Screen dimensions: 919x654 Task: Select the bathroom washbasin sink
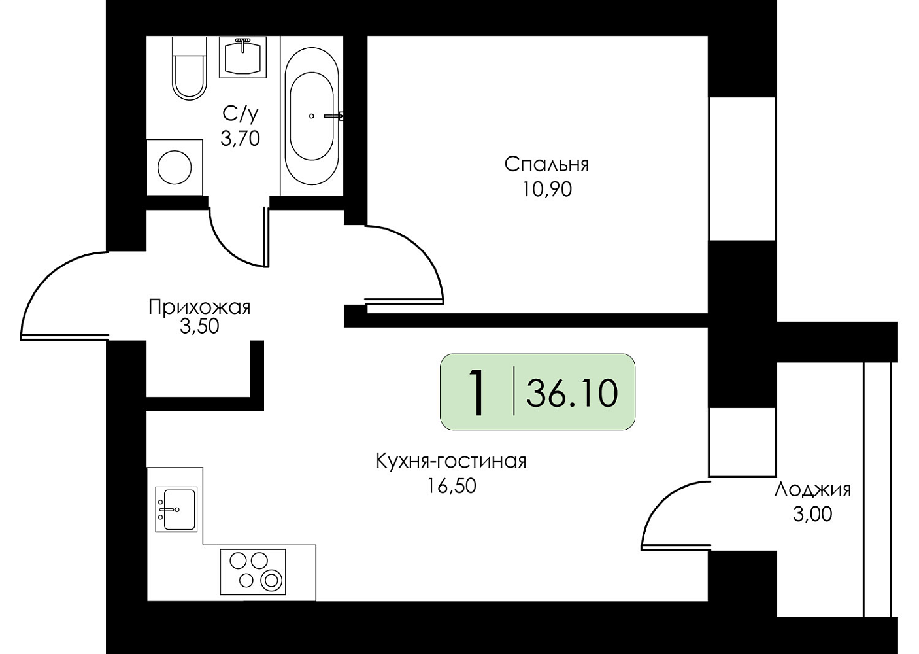tap(243, 57)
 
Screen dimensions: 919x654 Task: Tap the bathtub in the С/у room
tap(312, 116)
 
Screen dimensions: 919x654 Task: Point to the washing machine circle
tap(175, 167)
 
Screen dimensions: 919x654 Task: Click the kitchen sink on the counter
tap(176, 509)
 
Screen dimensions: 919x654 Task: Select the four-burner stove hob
tap(253, 572)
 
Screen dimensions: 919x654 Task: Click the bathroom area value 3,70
tap(241, 139)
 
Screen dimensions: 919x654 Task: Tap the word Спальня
tap(546, 165)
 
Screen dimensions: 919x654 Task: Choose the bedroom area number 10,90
tap(547, 189)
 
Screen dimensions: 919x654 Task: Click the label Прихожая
tap(199, 307)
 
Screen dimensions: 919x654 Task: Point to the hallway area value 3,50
tap(199, 326)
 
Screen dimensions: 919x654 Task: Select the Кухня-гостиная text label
tap(451, 461)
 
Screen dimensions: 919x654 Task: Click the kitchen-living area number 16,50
tap(452, 486)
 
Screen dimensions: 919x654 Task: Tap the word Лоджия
tap(812, 490)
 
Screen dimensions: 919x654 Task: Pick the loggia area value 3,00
tap(812, 515)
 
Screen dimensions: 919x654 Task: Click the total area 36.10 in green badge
tap(572, 393)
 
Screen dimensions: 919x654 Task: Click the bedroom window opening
tap(742, 169)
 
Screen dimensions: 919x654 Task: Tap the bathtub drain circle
tap(311, 116)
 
